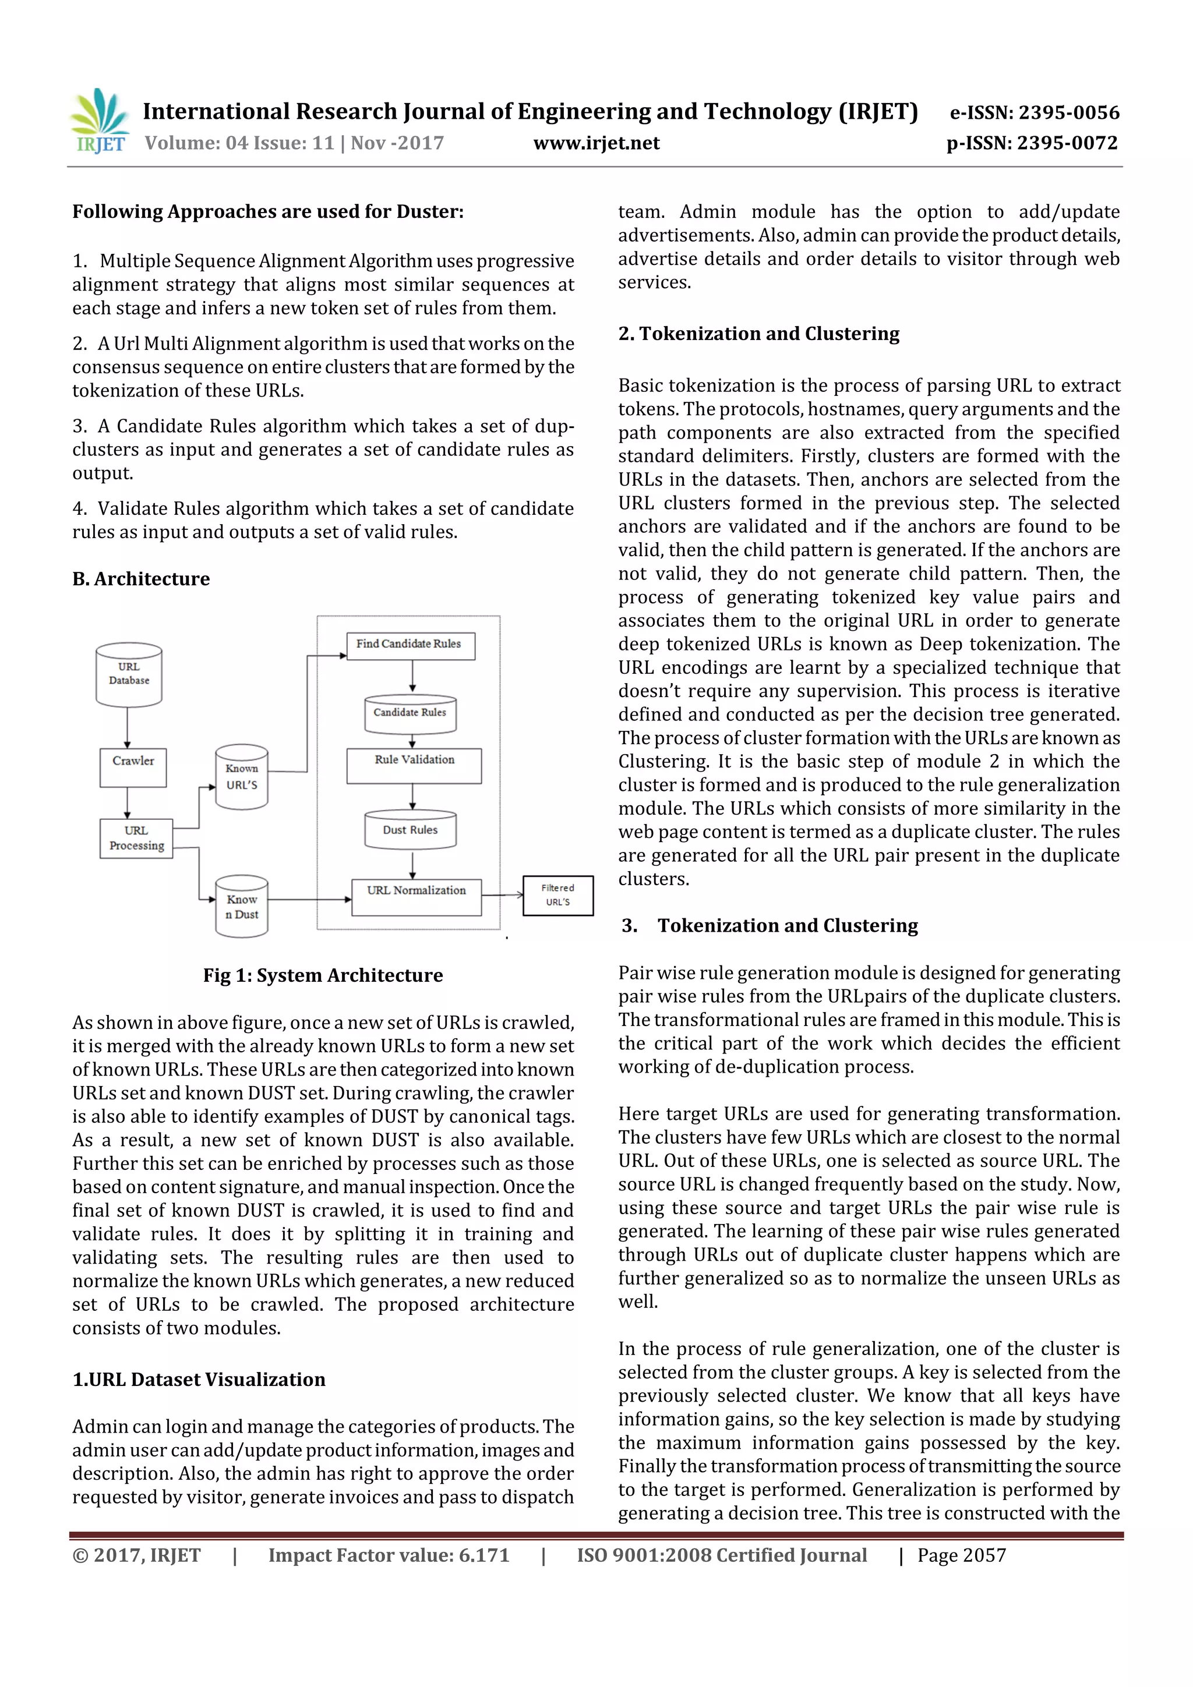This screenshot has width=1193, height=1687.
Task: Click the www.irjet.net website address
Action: [596, 143]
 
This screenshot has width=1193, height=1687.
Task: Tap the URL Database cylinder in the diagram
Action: [129, 674]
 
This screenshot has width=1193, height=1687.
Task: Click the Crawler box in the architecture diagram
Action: [133, 766]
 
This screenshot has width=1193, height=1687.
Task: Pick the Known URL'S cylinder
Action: [242, 777]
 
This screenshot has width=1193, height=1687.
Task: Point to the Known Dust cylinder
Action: [242, 907]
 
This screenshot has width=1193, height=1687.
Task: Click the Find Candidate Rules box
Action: [410, 645]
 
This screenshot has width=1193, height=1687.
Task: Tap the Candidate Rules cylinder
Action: [410, 713]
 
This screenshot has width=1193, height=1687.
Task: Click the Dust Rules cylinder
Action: [410, 830]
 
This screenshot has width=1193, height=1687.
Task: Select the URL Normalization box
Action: [416, 896]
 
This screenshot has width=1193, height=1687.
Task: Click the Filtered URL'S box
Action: [558, 895]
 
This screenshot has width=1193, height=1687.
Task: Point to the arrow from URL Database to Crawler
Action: [128, 727]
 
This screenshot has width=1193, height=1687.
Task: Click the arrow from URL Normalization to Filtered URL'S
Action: [502, 895]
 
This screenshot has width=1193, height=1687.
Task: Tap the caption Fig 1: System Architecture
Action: [323, 975]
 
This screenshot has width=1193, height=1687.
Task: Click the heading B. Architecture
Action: [141, 579]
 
